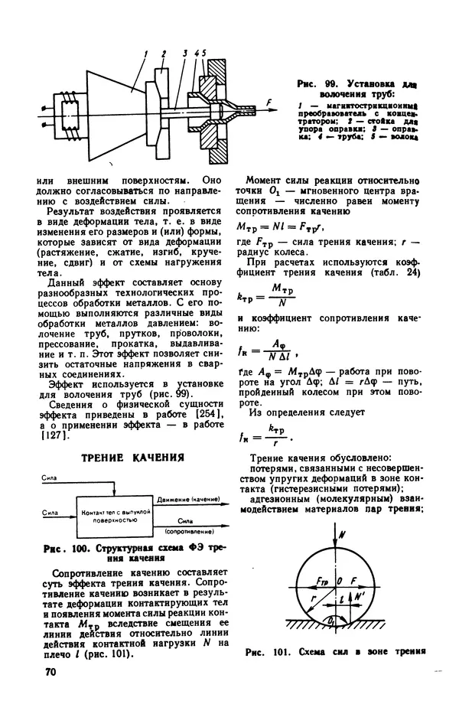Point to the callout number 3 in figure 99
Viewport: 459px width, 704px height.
[x=185, y=53]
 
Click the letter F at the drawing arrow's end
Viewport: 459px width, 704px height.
[x=269, y=102]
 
